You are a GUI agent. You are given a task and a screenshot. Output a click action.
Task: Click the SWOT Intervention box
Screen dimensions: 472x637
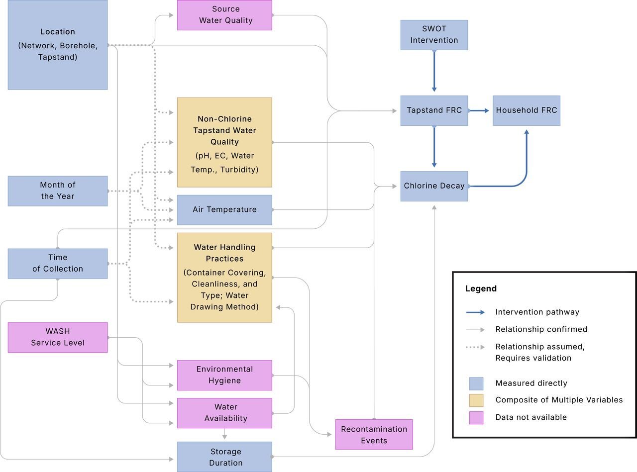pyautogui.click(x=434, y=35)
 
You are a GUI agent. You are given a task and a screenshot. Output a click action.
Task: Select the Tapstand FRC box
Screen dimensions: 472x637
pyautogui.click(x=434, y=110)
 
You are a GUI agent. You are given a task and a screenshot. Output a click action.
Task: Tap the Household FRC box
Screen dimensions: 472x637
pyautogui.click(x=527, y=110)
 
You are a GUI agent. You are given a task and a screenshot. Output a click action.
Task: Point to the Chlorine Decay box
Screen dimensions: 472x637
pyautogui.click(x=434, y=186)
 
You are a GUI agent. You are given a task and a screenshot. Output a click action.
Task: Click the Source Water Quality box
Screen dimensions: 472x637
pyautogui.click(x=224, y=15)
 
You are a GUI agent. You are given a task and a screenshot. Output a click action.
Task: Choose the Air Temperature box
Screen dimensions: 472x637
pyautogui.click(x=224, y=209)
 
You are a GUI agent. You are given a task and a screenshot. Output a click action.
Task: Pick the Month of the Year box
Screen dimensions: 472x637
pyautogui.click(x=58, y=190)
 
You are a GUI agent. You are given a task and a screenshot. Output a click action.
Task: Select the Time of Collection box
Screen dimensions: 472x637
pyautogui.click(x=58, y=263)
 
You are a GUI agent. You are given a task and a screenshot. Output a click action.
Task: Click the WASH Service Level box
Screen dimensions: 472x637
pyautogui.click(x=58, y=337)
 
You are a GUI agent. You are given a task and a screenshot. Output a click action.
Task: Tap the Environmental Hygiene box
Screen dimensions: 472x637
pyautogui.click(x=224, y=375)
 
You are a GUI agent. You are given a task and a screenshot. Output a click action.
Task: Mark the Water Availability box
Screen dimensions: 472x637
pyautogui.click(x=224, y=413)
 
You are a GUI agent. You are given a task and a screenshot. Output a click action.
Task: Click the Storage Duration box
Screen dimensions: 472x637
pyautogui.click(x=224, y=457)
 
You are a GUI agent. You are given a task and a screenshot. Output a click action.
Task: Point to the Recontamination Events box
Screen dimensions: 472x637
pyautogui.click(x=374, y=434)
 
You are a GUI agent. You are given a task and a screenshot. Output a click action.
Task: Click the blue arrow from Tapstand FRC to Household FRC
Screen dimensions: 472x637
pyautogui.click(x=480, y=110)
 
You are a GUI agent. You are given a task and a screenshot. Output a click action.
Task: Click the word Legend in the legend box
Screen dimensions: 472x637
pyautogui.click(x=481, y=288)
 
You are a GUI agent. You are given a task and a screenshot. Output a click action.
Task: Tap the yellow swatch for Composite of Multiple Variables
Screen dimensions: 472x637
pyautogui.click(x=476, y=400)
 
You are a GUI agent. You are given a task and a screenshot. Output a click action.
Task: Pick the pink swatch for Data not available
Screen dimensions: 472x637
pyautogui.click(x=476, y=417)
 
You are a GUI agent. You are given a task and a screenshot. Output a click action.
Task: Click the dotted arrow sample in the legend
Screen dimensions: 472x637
pyautogui.click(x=475, y=347)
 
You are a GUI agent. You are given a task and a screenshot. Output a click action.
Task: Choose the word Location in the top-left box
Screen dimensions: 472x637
pyautogui.click(x=58, y=32)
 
